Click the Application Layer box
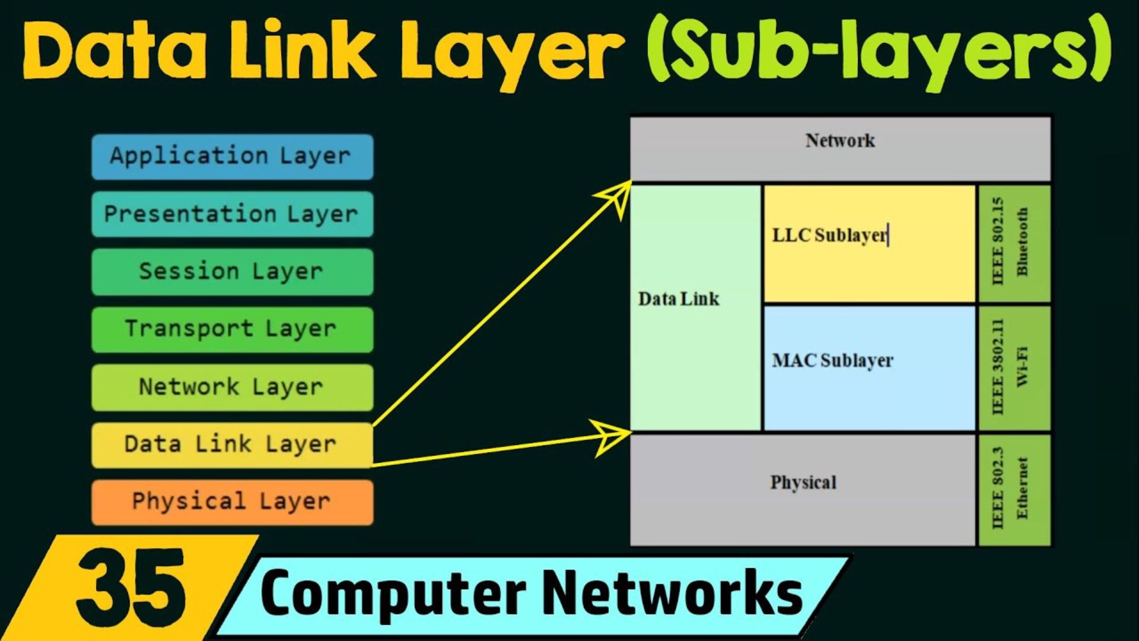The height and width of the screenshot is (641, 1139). point(232,157)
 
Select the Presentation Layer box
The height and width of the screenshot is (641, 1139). point(232,214)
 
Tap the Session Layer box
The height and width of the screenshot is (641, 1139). point(232,272)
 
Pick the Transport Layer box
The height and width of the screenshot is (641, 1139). point(232,329)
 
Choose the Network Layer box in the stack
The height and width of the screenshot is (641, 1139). point(232,387)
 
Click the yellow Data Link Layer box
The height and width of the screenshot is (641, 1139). point(232,445)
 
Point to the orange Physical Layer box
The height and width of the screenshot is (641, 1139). point(232,502)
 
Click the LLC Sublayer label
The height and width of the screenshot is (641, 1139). point(829,236)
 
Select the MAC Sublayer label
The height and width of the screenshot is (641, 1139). point(832,360)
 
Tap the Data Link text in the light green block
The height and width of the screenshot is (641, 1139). point(679,299)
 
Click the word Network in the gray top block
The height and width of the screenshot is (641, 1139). point(840,141)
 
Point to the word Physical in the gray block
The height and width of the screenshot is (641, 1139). point(803,483)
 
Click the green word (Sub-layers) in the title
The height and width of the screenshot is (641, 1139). point(878,50)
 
